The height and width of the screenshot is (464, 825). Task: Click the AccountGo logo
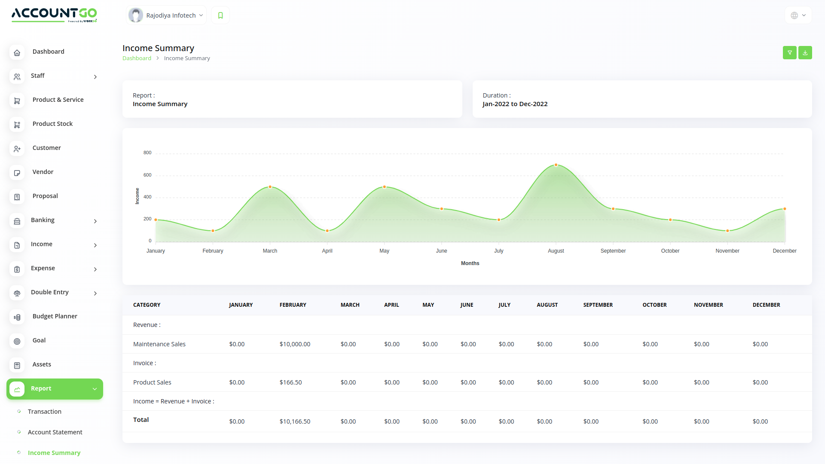point(54,15)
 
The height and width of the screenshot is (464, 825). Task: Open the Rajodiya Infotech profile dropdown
point(167,15)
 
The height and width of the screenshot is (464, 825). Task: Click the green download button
point(805,52)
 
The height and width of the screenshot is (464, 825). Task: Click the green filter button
point(789,52)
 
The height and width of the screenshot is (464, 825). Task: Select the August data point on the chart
point(556,165)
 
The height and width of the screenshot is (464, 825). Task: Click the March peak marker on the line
point(270,187)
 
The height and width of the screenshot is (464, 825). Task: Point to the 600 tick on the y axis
point(147,175)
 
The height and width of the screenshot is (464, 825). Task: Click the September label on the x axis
point(613,251)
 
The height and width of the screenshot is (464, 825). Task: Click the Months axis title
point(470,263)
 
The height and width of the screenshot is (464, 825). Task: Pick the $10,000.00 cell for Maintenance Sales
point(295,344)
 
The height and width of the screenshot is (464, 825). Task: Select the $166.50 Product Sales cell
point(290,382)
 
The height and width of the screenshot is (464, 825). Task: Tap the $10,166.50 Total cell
point(295,421)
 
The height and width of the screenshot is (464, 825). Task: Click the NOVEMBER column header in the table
point(708,305)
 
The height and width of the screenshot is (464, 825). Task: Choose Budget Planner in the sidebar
point(55,316)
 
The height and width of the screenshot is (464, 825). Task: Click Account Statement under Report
point(55,432)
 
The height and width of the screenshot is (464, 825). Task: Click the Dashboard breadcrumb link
point(137,58)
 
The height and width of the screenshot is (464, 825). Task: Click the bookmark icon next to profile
point(220,15)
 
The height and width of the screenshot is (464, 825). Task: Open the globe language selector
point(798,15)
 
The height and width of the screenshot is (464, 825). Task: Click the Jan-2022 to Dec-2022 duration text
point(515,104)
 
